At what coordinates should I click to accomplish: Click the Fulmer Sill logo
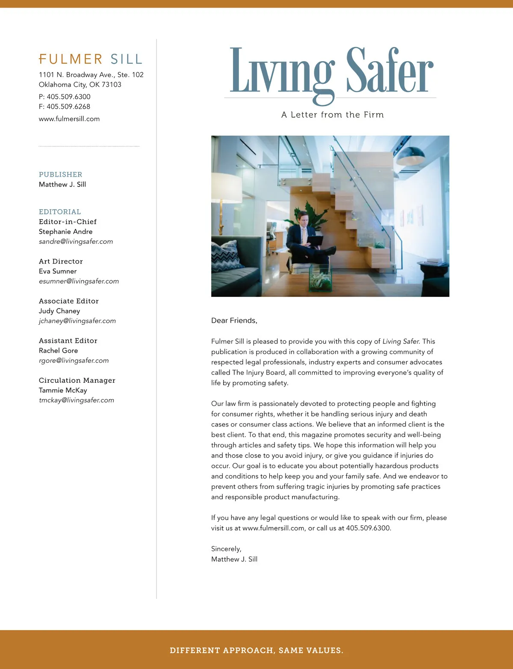point(91,59)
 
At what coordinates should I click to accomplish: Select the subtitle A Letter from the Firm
point(333,115)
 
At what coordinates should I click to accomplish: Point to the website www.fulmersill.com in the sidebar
point(69,119)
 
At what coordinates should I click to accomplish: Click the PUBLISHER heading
point(61,175)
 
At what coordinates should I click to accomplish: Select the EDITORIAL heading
point(60,212)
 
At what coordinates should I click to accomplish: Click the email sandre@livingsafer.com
point(76,242)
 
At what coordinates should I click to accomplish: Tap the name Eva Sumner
point(58,271)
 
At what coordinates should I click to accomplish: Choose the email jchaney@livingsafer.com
point(77,321)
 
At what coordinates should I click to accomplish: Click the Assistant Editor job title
point(68,340)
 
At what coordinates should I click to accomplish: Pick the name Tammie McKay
point(63,390)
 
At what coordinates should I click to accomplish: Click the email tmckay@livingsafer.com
point(77,400)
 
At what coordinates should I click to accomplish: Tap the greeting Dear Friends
point(234,321)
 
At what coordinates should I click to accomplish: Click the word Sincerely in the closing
point(226,549)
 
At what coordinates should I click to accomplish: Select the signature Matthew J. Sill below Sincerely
point(234,559)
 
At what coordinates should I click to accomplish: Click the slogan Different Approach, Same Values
point(256,651)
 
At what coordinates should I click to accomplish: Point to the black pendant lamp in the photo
point(410,156)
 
